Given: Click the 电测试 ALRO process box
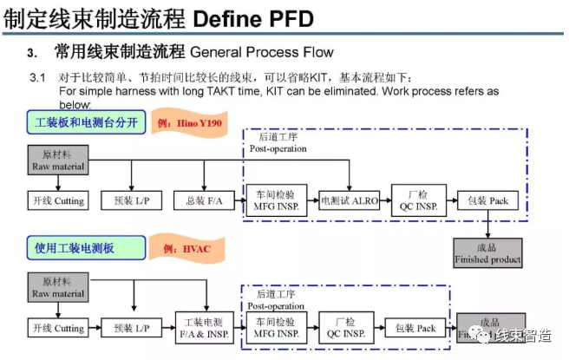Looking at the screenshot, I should tap(350, 201).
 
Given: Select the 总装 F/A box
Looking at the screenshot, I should tap(198, 201).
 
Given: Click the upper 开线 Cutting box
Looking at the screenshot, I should tap(57, 201).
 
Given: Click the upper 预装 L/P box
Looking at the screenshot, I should tap(130, 201).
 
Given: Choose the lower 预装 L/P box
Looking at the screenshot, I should tap(130, 329).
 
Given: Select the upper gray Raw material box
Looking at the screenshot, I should tap(58, 160).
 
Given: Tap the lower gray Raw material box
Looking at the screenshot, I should tap(58, 288).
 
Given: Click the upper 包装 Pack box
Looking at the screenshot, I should tap(487, 201).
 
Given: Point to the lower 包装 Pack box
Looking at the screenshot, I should tap(415, 329).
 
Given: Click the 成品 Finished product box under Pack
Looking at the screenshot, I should tap(487, 253).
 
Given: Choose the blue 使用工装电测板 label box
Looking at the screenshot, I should tap(78, 249).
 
